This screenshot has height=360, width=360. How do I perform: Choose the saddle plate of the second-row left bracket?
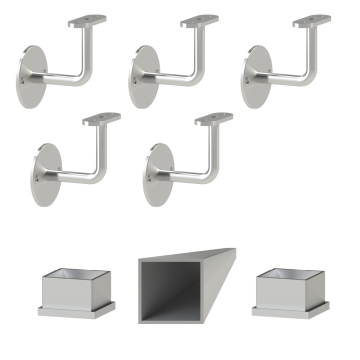pos(101,119)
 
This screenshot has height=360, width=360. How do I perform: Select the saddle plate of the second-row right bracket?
pos(213,119)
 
